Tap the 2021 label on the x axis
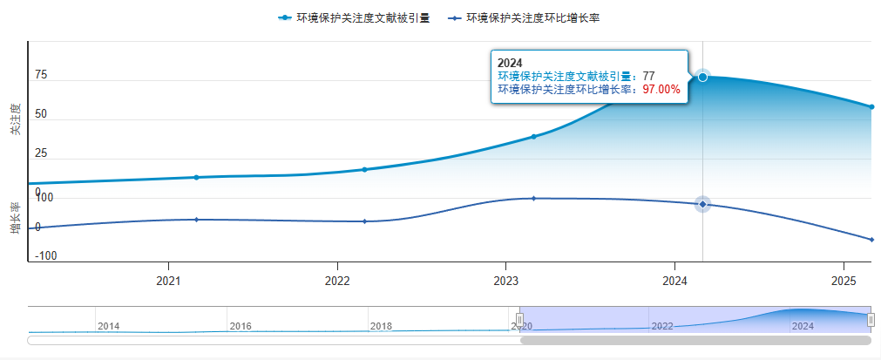[x=168, y=282]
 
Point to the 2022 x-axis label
[x=337, y=282]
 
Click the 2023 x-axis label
[x=506, y=282]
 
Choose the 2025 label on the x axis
[x=844, y=282]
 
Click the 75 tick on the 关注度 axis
[x=41, y=75]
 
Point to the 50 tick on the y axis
[x=41, y=114]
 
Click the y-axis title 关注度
[x=15, y=119]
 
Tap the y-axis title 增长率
[x=15, y=219]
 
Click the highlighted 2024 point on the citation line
[x=702, y=77]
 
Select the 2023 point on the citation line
[x=533, y=136]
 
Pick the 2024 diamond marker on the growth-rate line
[x=702, y=204]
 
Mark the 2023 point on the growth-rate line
[x=533, y=198]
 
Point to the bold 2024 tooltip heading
[x=510, y=63]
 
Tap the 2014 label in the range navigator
[x=109, y=326]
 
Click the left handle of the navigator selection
[x=520, y=320]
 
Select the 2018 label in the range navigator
[x=381, y=326]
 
